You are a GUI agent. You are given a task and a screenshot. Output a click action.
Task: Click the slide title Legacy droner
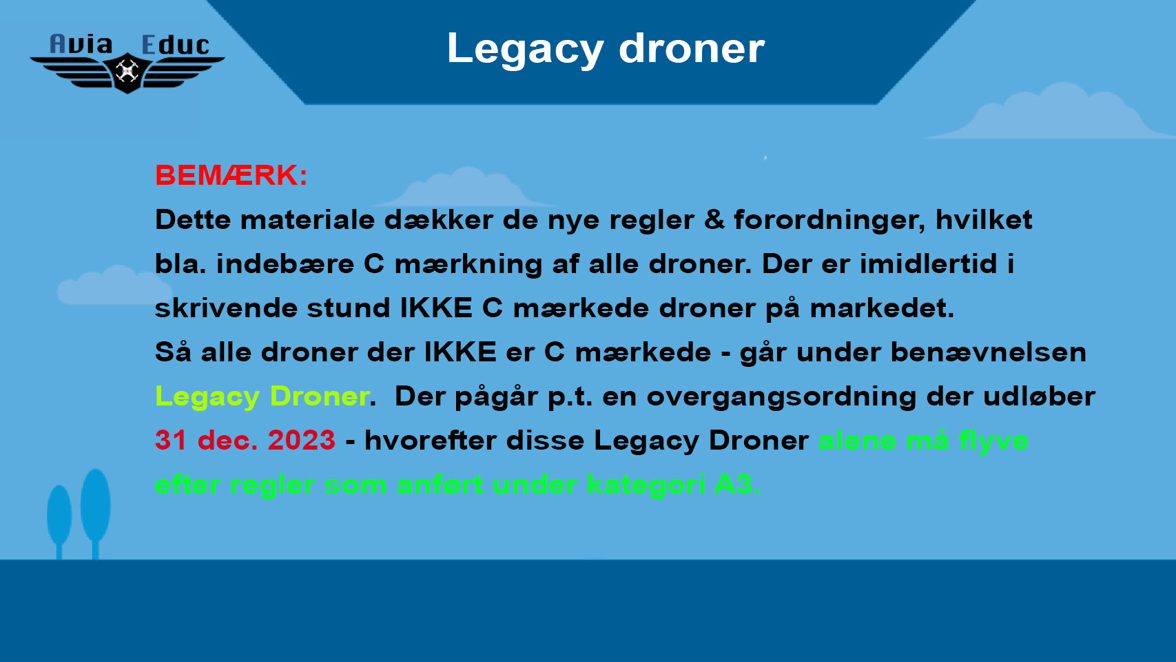[606, 49]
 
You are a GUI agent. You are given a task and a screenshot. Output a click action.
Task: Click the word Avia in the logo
[81, 45]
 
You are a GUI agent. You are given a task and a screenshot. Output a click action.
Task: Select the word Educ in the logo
[176, 46]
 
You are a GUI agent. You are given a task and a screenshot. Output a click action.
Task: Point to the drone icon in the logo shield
[127, 72]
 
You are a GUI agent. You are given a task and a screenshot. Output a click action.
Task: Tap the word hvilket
[984, 219]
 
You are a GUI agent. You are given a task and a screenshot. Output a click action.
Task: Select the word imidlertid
[928, 263]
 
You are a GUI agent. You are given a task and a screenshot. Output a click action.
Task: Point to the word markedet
[882, 308]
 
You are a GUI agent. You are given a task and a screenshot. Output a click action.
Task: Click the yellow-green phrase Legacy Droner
[262, 397]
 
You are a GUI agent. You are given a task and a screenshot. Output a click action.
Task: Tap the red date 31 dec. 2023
[245, 440]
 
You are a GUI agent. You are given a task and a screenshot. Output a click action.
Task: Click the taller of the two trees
[96, 512]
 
